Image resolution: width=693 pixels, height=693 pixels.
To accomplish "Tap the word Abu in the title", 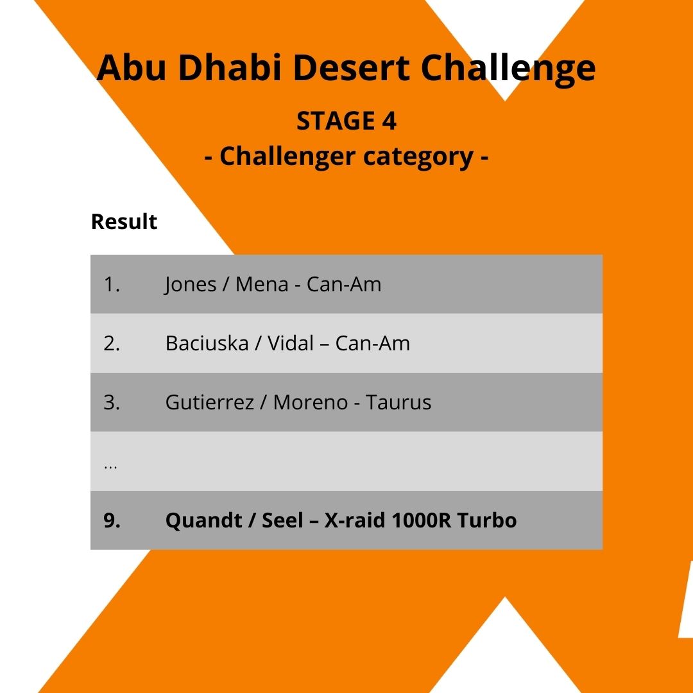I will click(131, 69).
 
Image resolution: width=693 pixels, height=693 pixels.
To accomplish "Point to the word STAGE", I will click(336, 121).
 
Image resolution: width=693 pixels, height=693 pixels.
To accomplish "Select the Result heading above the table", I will click(124, 221).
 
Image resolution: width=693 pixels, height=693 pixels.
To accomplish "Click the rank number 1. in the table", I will click(112, 284).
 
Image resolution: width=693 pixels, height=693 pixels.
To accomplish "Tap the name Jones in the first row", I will click(191, 284).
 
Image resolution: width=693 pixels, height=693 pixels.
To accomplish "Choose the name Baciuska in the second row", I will click(207, 343).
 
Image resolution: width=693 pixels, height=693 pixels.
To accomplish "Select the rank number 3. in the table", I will click(112, 402).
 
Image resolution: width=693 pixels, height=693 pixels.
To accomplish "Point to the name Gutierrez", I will click(210, 402).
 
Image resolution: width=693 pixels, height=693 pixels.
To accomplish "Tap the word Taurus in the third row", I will click(398, 402).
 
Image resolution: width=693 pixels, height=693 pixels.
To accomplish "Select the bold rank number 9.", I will click(112, 520).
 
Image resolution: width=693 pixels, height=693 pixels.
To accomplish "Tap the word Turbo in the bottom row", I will click(487, 520).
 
